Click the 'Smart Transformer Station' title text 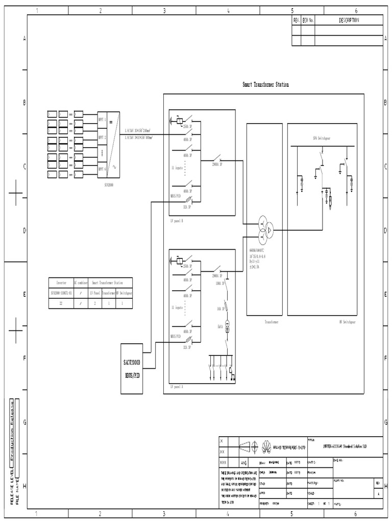pyautogui.click(x=265, y=85)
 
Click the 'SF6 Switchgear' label pyautogui.click(x=322, y=138)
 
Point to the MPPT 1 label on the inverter pyautogui.click(x=102, y=118)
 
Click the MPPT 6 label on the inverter pyautogui.click(x=102, y=169)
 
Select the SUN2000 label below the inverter pyautogui.click(x=108, y=185)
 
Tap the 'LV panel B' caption pyautogui.click(x=177, y=221)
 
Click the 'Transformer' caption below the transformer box pyautogui.click(x=271, y=322)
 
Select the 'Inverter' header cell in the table pyautogui.click(x=61, y=282)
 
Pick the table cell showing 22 pyautogui.click(x=61, y=303)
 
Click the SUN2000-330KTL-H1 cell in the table pyautogui.click(x=61, y=293)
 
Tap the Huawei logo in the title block pyautogui.click(x=265, y=447)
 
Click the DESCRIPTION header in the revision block pyautogui.click(x=349, y=20)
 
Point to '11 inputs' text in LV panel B pyautogui.click(x=177, y=167)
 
